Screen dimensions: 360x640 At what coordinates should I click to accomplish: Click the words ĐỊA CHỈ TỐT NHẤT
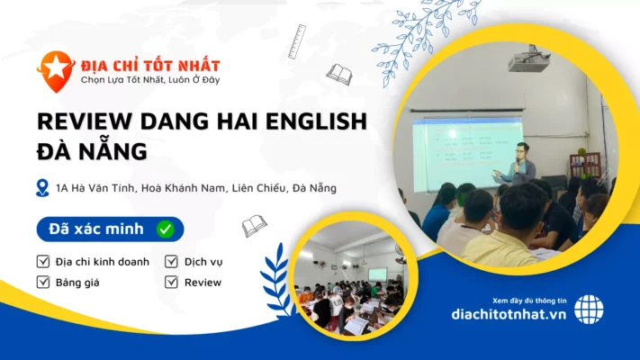149,65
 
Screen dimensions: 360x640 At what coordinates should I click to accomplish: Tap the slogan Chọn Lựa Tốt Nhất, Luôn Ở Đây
149,80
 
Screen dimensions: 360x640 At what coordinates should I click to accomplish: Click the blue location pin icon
42,187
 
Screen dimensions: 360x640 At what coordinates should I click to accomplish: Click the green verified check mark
165,229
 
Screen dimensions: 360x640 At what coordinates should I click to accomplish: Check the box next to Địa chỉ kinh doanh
43,262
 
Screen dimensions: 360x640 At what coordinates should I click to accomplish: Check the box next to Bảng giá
43,282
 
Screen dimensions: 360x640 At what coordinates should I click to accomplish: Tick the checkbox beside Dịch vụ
171,262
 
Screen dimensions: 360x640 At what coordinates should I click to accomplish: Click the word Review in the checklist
203,282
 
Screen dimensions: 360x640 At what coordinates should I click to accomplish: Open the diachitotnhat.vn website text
509,315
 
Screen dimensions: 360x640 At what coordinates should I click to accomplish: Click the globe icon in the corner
589,309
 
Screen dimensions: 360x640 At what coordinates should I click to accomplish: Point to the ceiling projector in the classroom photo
528,61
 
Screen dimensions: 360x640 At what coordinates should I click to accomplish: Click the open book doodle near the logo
339,74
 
